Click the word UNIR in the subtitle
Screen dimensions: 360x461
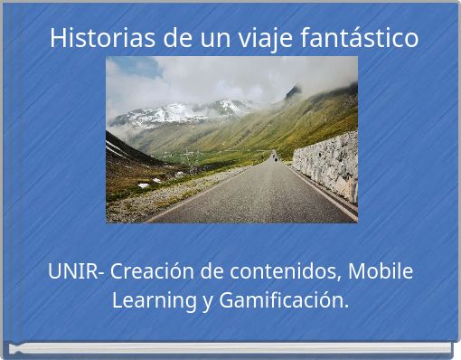(x=72, y=270)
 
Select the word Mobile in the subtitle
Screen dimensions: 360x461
(x=380, y=270)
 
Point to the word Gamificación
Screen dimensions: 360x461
(x=283, y=299)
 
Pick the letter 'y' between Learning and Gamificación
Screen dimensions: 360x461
(x=208, y=301)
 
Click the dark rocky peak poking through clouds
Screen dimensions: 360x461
(x=293, y=91)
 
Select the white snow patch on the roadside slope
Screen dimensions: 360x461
(x=144, y=185)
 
